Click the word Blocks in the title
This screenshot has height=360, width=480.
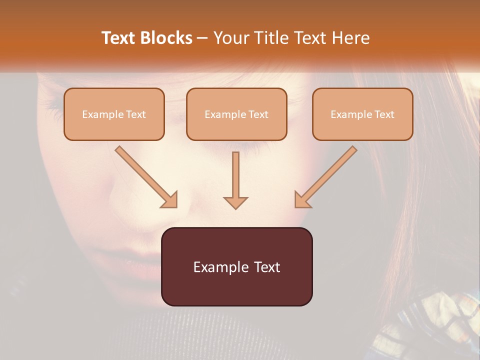[166, 38]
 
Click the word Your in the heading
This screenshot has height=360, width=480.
[230, 38]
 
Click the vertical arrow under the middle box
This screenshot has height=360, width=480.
[235, 175]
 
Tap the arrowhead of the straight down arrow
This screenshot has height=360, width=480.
[235, 202]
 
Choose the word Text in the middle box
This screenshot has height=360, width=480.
[257, 114]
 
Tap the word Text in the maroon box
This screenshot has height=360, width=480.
[267, 267]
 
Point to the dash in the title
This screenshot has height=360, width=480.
[202, 38]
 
